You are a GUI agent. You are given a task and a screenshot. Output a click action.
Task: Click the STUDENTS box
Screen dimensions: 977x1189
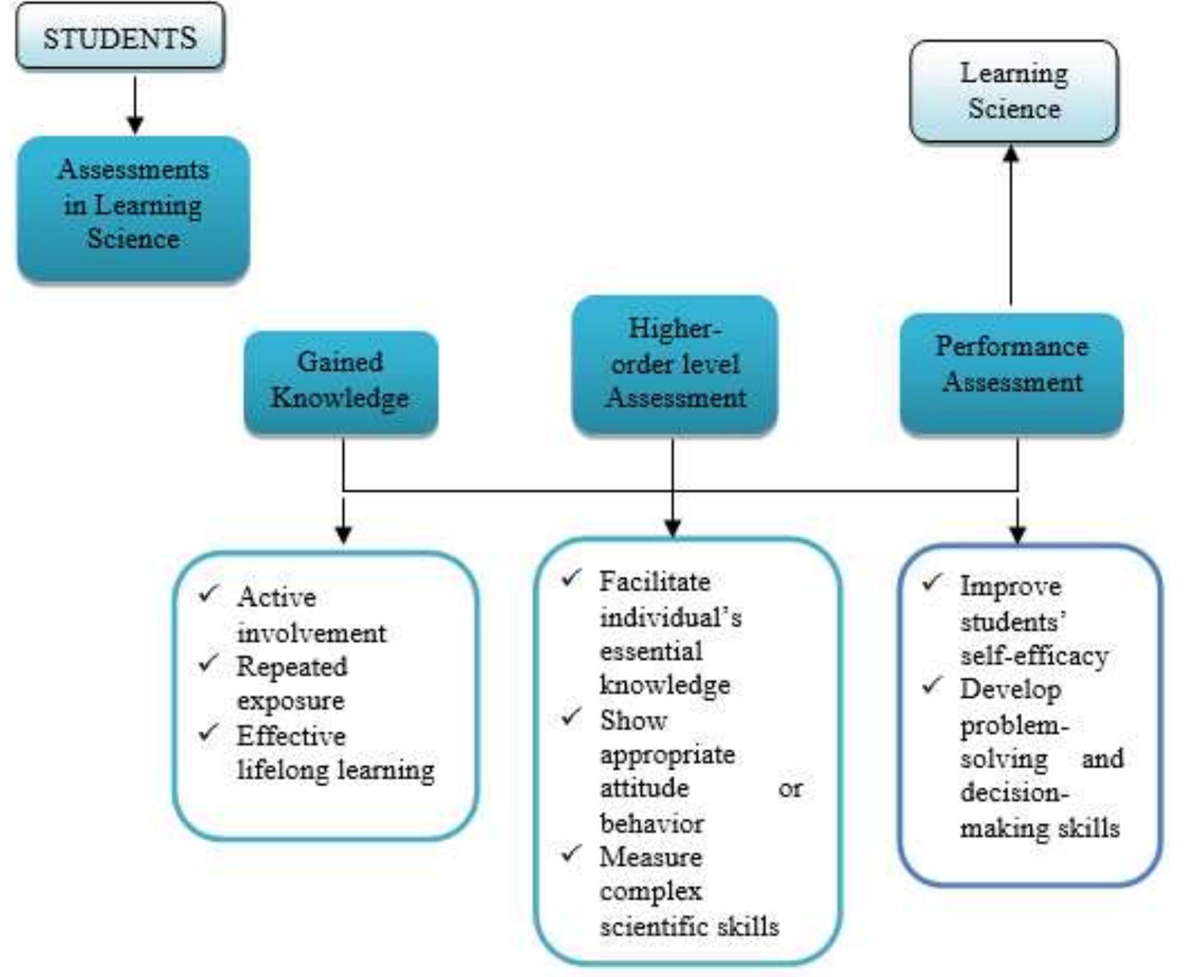(x=120, y=37)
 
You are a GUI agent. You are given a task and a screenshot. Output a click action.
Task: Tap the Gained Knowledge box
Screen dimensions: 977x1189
(x=340, y=382)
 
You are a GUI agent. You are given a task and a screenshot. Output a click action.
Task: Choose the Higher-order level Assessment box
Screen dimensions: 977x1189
(x=674, y=364)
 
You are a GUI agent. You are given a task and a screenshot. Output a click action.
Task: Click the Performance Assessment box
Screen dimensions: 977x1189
(x=1011, y=372)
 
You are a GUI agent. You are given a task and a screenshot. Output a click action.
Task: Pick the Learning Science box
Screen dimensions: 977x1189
(x=1014, y=92)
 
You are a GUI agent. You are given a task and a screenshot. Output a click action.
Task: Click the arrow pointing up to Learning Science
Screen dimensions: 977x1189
(x=1011, y=222)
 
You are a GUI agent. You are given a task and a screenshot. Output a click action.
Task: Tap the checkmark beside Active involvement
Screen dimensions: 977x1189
(x=208, y=593)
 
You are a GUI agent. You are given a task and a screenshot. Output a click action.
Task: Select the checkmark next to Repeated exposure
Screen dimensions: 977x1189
(x=208, y=663)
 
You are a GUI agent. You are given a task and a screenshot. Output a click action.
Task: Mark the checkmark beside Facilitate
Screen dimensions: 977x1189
(x=572, y=577)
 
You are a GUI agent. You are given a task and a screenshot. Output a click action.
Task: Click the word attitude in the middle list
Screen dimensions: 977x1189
(x=644, y=788)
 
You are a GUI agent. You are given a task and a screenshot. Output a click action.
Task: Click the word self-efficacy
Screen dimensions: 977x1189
(x=1034, y=655)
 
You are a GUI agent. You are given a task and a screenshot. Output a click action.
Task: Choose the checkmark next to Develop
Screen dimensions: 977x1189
(x=932, y=685)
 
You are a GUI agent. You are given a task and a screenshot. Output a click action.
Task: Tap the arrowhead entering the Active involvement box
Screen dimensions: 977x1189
(x=343, y=534)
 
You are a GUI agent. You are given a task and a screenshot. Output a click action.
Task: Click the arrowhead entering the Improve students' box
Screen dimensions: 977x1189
(x=1018, y=534)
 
